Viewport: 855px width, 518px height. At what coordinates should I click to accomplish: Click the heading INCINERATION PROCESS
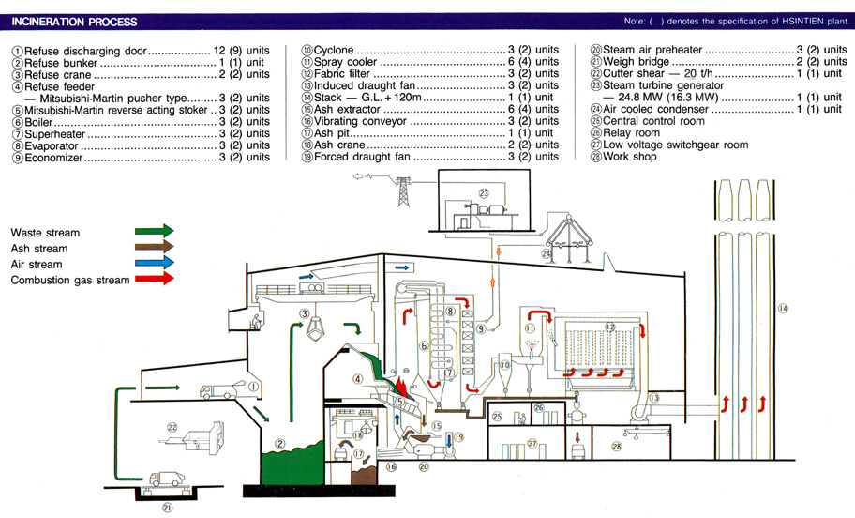pyautogui.click(x=74, y=22)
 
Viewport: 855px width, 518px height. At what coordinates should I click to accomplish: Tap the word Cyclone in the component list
pyautogui.click(x=334, y=50)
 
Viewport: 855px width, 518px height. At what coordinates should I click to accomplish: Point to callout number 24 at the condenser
pyautogui.click(x=547, y=251)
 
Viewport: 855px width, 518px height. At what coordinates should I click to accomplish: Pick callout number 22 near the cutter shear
pyautogui.click(x=172, y=427)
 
